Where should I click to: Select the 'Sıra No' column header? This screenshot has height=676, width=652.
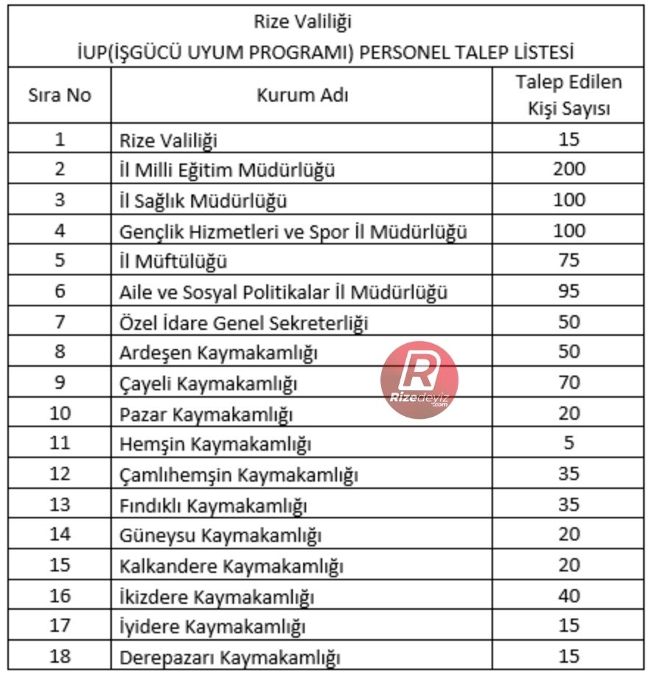pyautogui.click(x=60, y=96)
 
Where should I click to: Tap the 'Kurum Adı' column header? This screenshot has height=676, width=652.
pyautogui.click(x=302, y=96)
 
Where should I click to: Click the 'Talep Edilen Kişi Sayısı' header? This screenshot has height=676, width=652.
pyautogui.click(x=568, y=96)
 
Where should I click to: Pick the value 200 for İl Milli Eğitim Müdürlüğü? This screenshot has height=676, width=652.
pyautogui.click(x=569, y=169)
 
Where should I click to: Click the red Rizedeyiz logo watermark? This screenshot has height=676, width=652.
pyautogui.click(x=419, y=380)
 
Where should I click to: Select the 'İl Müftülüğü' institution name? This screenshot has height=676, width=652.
pyautogui.click(x=174, y=261)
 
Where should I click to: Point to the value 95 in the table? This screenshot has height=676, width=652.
pyautogui.click(x=569, y=292)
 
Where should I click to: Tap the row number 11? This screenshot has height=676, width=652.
pyautogui.click(x=60, y=444)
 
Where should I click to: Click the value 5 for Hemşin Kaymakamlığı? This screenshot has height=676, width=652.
pyautogui.click(x=569, y=444)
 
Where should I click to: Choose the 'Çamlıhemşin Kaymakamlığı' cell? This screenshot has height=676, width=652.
pyautogui.click(x=238, y=475)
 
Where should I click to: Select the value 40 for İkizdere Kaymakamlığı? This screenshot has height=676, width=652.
pyautogui.click(x=569, y=596)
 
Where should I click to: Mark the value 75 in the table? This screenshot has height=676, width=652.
pyautogui.click(x=569, y=261)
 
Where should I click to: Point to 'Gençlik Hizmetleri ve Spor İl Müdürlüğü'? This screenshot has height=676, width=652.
pyautogui.click(x=294, y=231)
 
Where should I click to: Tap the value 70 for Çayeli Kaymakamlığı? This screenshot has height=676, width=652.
pyautogui.click(x=569, y=383)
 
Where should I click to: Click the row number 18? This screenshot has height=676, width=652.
pyautogui.click(x=60, y=656)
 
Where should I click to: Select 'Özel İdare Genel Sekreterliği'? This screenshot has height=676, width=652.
pyautogui.click(x=244, y=323)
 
